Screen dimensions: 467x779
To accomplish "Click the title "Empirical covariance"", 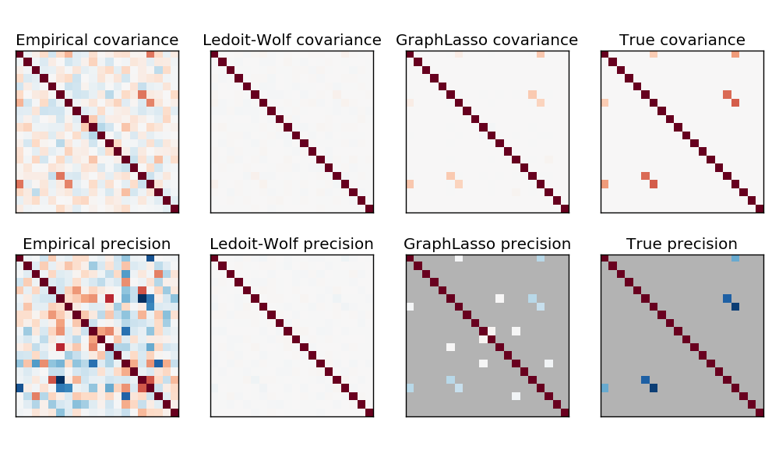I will [x=97, y=40].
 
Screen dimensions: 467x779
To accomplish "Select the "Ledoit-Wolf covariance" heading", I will [x=292, y=40].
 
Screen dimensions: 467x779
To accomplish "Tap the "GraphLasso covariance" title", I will [x=487, y=40].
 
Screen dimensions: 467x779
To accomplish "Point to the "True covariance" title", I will [x=682, y=40].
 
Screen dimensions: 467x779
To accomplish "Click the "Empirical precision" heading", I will [x=97, y=244].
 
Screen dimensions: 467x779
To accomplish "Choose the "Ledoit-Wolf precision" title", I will [x=292, y=244].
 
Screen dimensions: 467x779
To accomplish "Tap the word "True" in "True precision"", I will [x=644, y=244].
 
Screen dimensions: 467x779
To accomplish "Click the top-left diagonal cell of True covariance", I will [x=605, y=54].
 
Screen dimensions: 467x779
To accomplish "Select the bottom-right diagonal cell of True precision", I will [x=760, y=413].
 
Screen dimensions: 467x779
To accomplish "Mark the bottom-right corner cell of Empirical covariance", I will [x=174, y=209].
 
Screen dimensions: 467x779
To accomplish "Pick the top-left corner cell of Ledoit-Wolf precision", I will [x=214, y=258].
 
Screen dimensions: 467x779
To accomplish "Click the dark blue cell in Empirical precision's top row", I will [x=150, y=258].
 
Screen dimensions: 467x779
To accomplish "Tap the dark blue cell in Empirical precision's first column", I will [x=19, y=388].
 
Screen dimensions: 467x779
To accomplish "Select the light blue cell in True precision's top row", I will [x=735, y=258].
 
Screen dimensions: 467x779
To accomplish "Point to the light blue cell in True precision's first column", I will [x=605, y=388].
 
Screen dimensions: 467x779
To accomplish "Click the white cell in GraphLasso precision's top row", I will [x=459, y=258].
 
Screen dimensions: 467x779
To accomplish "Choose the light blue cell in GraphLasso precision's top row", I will [x=541, y=258].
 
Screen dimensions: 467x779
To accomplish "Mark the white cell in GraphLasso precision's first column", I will [x=410, y=307].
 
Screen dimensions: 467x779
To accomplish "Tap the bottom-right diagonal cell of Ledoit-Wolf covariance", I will [x=369, y=209].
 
